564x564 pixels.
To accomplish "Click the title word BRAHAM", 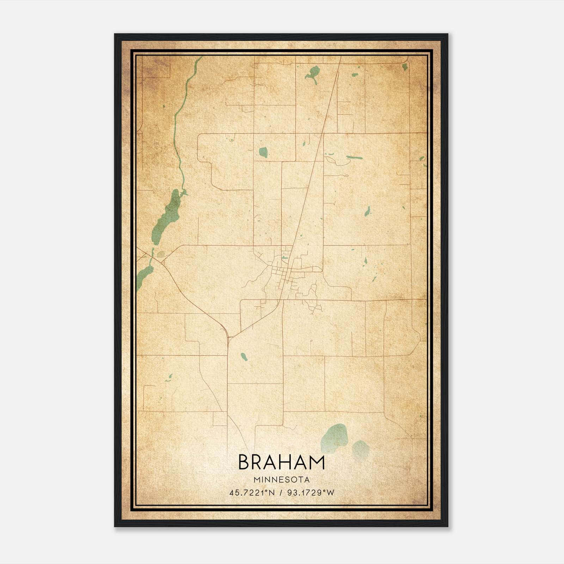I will tap(281, 462).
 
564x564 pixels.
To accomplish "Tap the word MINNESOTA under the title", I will tap(281, 480).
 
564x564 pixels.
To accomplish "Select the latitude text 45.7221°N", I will tap(252, 493).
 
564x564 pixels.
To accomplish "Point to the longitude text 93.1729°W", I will tap(311, 493).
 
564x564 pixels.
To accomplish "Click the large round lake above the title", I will tap(334, 438).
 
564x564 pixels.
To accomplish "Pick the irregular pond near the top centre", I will tap(313, 73).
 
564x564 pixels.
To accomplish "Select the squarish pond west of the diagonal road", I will tap(263, 152).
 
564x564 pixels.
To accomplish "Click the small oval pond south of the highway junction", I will tap(244, 357).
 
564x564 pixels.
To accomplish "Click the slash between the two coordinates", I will tap(281, 493).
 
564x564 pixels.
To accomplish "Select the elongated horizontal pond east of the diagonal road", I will tap(354, 158).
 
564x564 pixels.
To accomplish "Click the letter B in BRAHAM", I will tap(245, 462).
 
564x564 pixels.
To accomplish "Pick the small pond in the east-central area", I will tap(368, 211).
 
